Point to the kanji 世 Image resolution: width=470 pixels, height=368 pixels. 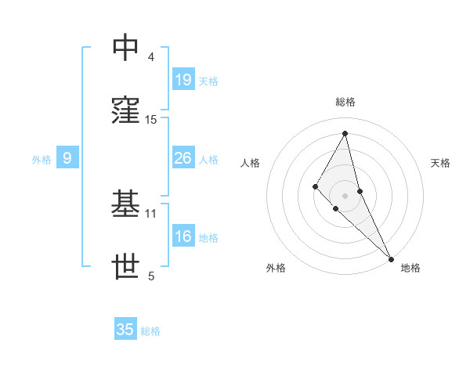[x=125, y=267]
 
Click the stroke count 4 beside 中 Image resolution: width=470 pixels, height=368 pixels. [x=151, y=57]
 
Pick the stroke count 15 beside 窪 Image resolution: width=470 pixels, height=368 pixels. [x=151, y=120]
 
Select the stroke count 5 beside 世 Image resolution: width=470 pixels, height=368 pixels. [x=151, y=276]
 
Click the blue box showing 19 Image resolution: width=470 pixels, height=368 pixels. [x=183, y=79]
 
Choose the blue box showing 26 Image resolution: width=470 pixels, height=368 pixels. [x=183, y=158]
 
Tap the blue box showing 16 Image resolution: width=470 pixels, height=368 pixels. [x=183, y=236]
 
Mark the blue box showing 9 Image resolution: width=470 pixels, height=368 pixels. [x=67, y=158]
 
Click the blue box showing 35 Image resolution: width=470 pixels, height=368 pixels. [x=125, y=330]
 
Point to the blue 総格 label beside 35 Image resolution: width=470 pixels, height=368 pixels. [x=150, y=331]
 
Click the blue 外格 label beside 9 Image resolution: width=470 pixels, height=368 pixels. [x=42, y=160]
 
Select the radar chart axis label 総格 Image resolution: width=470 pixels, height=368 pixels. [x=345, y=102]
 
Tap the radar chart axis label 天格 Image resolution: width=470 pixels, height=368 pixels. [x=441, y=163]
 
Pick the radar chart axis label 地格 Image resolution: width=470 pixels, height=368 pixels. [x=410, y=268]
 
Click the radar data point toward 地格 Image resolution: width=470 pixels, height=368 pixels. [x=391, y=258]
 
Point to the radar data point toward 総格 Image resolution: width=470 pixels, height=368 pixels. [x=345, y=133]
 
